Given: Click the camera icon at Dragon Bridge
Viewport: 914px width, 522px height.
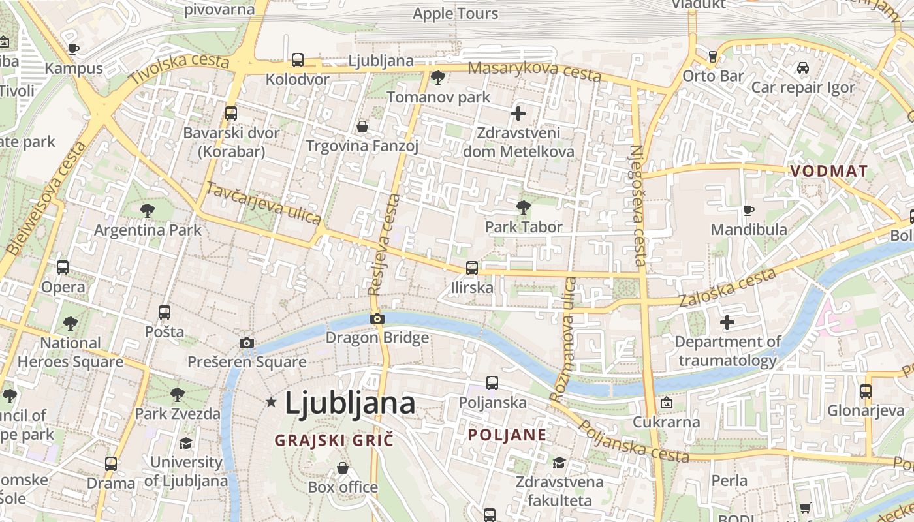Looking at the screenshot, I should pyautogui.click(x=377, y=319).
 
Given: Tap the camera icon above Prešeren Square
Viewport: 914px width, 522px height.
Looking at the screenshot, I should pyautogui.click(x=247, y=343).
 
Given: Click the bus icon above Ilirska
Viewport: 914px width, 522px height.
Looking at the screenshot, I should pyautogui.click(x=471, y=268).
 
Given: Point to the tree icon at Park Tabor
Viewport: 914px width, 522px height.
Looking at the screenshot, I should pyautogui.click(x=523, y=207).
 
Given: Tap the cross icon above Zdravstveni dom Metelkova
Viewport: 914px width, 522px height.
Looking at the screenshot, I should pyautogui.click(x=518, y=114).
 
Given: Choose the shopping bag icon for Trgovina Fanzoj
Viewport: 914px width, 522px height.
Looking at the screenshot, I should pyautogui.click(x=362, y=127).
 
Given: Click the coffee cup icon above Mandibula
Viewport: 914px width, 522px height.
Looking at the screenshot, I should pyautogui.click(x=748, y=210).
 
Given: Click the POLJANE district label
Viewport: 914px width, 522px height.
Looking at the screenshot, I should pyautogui.click(x=507, y=435).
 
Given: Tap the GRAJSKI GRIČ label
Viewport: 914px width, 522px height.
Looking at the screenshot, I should pyautogui.click(x=334, y=440).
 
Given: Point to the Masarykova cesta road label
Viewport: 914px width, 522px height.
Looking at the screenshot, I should pyautogui.click(x=534, y=72).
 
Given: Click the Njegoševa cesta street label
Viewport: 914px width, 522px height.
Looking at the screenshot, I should pyautogui.click(x=637, y=205).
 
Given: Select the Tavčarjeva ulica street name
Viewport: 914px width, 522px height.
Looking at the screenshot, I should pyautogui.click(x=263, y=203).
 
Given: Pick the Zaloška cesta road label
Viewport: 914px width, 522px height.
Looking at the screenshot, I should pyautogui.click(x=727, y=288).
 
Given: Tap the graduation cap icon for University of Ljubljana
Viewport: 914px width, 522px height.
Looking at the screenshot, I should pyautogui.click(x=186, y=443).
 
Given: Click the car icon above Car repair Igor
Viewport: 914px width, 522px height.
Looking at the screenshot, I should pyautogui.click(x=803, y=68).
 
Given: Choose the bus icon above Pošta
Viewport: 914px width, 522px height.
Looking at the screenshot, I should pyautogui.click(x=165, y=313).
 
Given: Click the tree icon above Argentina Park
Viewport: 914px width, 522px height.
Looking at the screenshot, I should pyautogui.click(x=148, y=211).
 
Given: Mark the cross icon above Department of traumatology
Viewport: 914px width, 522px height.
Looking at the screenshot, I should pyautogui.click(x=727, y=322).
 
